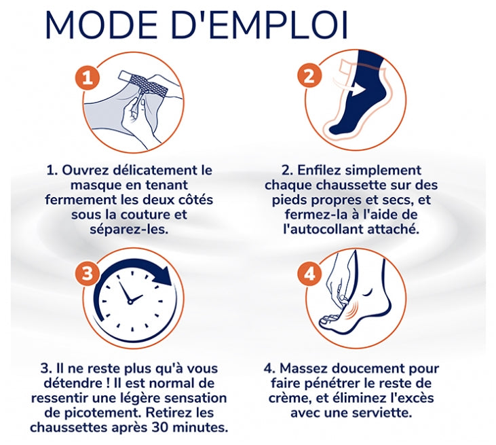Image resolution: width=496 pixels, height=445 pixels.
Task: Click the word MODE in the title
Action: tap(101, 25)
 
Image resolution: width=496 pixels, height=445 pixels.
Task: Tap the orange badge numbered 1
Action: tap(88, 77)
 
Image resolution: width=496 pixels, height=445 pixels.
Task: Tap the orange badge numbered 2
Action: tap(309, 75)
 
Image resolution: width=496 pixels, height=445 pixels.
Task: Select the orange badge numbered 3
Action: tap(88, 273)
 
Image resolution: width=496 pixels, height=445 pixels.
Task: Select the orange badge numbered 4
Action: tap(309, 273)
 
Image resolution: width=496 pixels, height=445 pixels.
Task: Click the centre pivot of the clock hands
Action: tap(130, 302)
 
